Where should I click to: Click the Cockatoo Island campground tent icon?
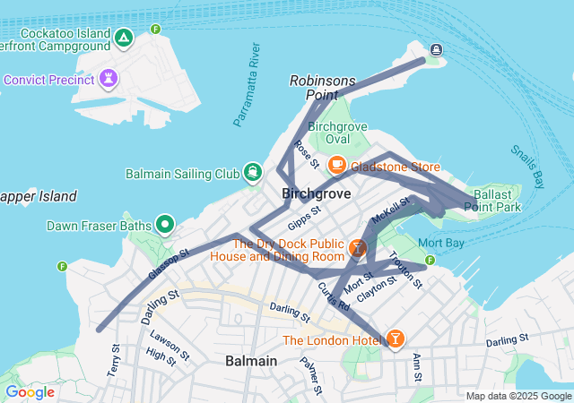coord(124,39)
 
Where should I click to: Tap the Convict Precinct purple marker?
coord(109,80)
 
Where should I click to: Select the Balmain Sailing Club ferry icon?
coord(254,172)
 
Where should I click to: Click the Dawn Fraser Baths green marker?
coord(165,224)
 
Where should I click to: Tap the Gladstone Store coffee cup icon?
coord(337,166)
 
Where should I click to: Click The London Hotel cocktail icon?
coord(395,339)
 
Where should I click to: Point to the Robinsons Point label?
coord(322,87)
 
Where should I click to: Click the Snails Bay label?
coord(528,167)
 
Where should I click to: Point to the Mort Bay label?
coord(441,243)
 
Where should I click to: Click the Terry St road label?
coord(114,359)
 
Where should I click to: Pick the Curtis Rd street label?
coord(333,296)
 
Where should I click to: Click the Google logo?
coord(30,392)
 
